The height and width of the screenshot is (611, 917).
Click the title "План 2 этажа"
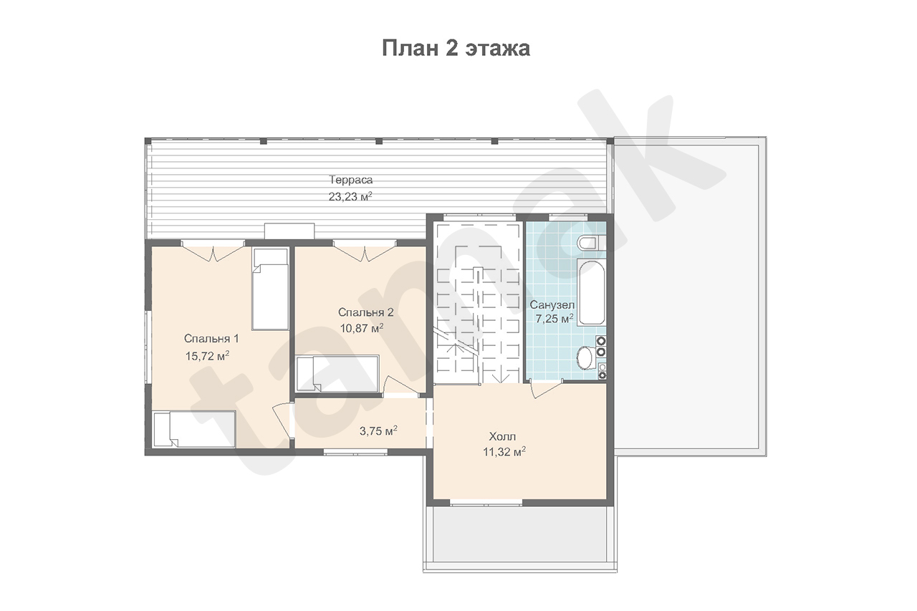coord(456,48)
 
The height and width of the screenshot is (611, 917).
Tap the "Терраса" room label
coord(351,180)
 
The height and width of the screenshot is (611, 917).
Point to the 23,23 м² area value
coord(350,197)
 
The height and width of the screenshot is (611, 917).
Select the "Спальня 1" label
coord(211,339)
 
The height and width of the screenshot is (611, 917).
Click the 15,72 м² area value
coord(207,356)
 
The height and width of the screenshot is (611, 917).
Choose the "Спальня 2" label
coord(365,312)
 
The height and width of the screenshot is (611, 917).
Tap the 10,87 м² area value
coord(362,328)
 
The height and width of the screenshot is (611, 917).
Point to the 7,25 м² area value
coord(554,319)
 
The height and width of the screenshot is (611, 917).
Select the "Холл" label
coord(502,436)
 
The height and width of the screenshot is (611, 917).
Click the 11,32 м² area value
coord(504,452)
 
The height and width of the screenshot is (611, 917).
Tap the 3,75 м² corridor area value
coord(378,431)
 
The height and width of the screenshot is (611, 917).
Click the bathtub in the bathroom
coord(592,292)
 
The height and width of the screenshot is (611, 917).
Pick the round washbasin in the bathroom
coord(586,357)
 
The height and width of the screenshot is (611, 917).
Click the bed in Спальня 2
coord(337,374)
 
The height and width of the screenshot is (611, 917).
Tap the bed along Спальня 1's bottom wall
coord(194,429)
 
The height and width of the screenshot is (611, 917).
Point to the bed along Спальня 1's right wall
coord(270,289)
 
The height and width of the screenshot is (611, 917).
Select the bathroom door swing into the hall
coord(546,389)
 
